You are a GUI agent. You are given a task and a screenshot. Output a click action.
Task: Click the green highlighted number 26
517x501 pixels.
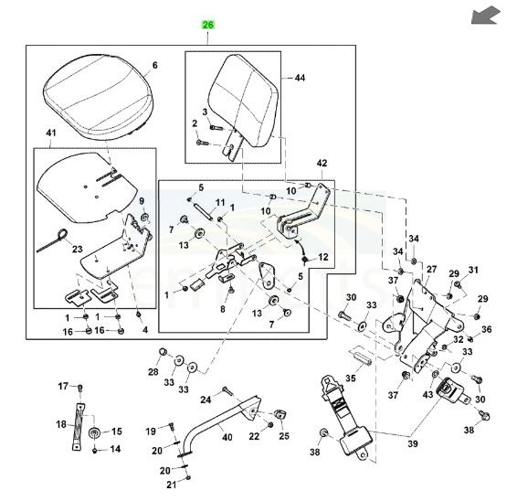point(207,27)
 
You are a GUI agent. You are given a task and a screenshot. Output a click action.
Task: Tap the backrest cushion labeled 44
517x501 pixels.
point(239,102)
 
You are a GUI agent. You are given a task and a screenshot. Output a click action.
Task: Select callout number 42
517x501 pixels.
point(321,164)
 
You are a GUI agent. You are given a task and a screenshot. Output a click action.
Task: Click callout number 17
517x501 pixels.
point(63,386)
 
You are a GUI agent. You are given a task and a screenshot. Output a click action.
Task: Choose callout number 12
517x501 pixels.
point(323,261)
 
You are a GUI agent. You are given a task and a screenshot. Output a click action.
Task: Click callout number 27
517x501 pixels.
point(430,271)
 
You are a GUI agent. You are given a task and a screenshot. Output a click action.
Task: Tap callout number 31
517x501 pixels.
point(473,270)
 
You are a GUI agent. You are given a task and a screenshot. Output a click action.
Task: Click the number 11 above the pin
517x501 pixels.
point(219,202)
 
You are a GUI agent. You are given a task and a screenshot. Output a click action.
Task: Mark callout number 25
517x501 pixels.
point(283,436)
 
